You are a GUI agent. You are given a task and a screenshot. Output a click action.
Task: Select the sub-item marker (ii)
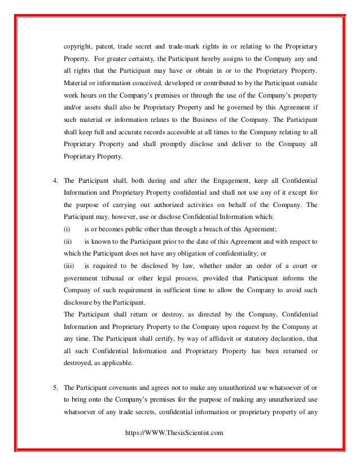tap(67, 241)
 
